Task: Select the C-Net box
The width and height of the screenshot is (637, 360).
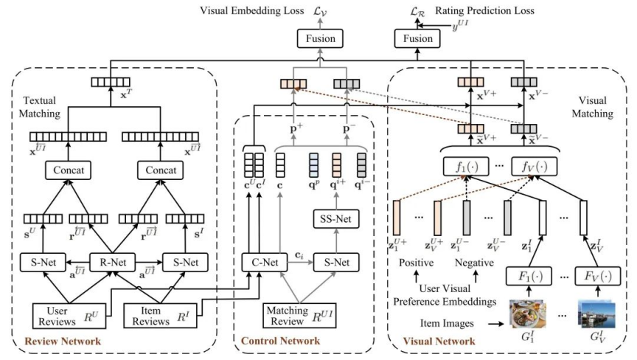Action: pyautogui.click(x=263, y=261)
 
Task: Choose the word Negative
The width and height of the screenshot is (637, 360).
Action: pyautogui.click(x=475, y=263)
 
